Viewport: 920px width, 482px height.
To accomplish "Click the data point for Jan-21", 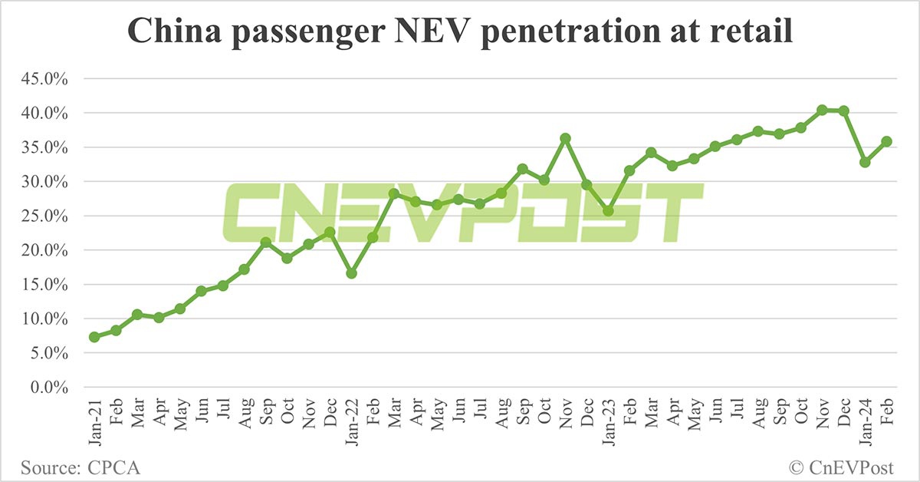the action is (94, 337).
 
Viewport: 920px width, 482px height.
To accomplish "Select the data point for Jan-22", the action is (352, 273).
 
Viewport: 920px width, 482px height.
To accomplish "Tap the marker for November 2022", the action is (566, 138).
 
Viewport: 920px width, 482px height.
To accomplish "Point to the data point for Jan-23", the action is (608, 211).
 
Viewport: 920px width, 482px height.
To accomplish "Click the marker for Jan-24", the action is (866, 162).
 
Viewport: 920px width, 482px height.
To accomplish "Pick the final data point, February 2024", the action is (887, 141).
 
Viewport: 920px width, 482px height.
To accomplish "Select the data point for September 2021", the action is (266, 243).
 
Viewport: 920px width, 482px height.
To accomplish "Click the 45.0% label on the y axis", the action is (44, 78).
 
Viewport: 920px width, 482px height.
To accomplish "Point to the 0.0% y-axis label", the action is (49, 388).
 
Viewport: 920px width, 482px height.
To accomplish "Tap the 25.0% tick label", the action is (44, 216).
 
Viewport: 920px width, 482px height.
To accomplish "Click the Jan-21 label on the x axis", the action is (95, 422).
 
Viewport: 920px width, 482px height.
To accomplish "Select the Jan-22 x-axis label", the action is (352, 422).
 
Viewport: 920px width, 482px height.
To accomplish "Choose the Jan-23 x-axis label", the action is (609, 422).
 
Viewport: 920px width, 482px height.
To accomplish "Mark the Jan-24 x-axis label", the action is (866, 422).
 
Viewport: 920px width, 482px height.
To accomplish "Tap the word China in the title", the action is (175, 31).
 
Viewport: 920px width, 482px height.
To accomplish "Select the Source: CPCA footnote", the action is (80, 468).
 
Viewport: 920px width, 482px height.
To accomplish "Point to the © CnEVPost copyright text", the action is (841, 468).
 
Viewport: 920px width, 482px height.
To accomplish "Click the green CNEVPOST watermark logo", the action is (463, 212).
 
